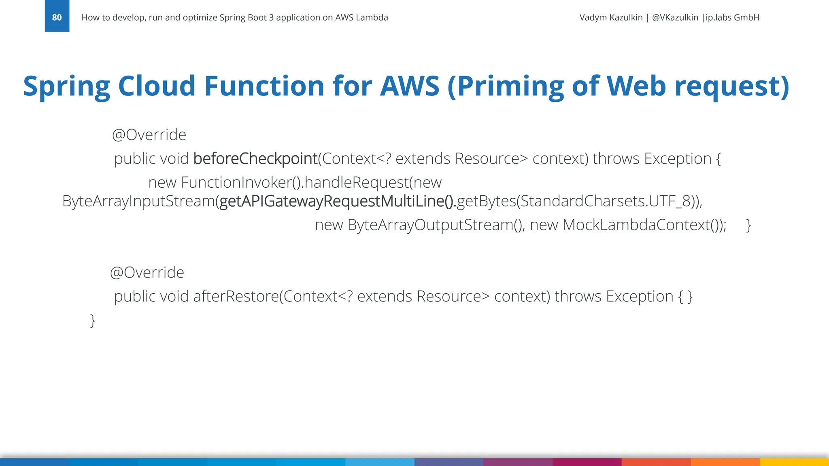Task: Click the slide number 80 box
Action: click(57, 17)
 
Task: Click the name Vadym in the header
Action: click(593, 17)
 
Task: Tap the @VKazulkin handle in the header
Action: click(675, 17)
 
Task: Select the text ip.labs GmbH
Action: click(732, 17)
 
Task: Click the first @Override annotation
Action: click(149, 135)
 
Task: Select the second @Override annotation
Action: click(147, 273)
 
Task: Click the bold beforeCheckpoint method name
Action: click(255, 159)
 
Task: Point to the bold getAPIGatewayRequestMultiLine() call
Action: click(337, 201)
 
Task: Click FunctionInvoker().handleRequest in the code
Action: click(295, 182)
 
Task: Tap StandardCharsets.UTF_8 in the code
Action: click(605, 201)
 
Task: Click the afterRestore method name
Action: click(236, 297)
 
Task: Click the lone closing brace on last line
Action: click(93, 320)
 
